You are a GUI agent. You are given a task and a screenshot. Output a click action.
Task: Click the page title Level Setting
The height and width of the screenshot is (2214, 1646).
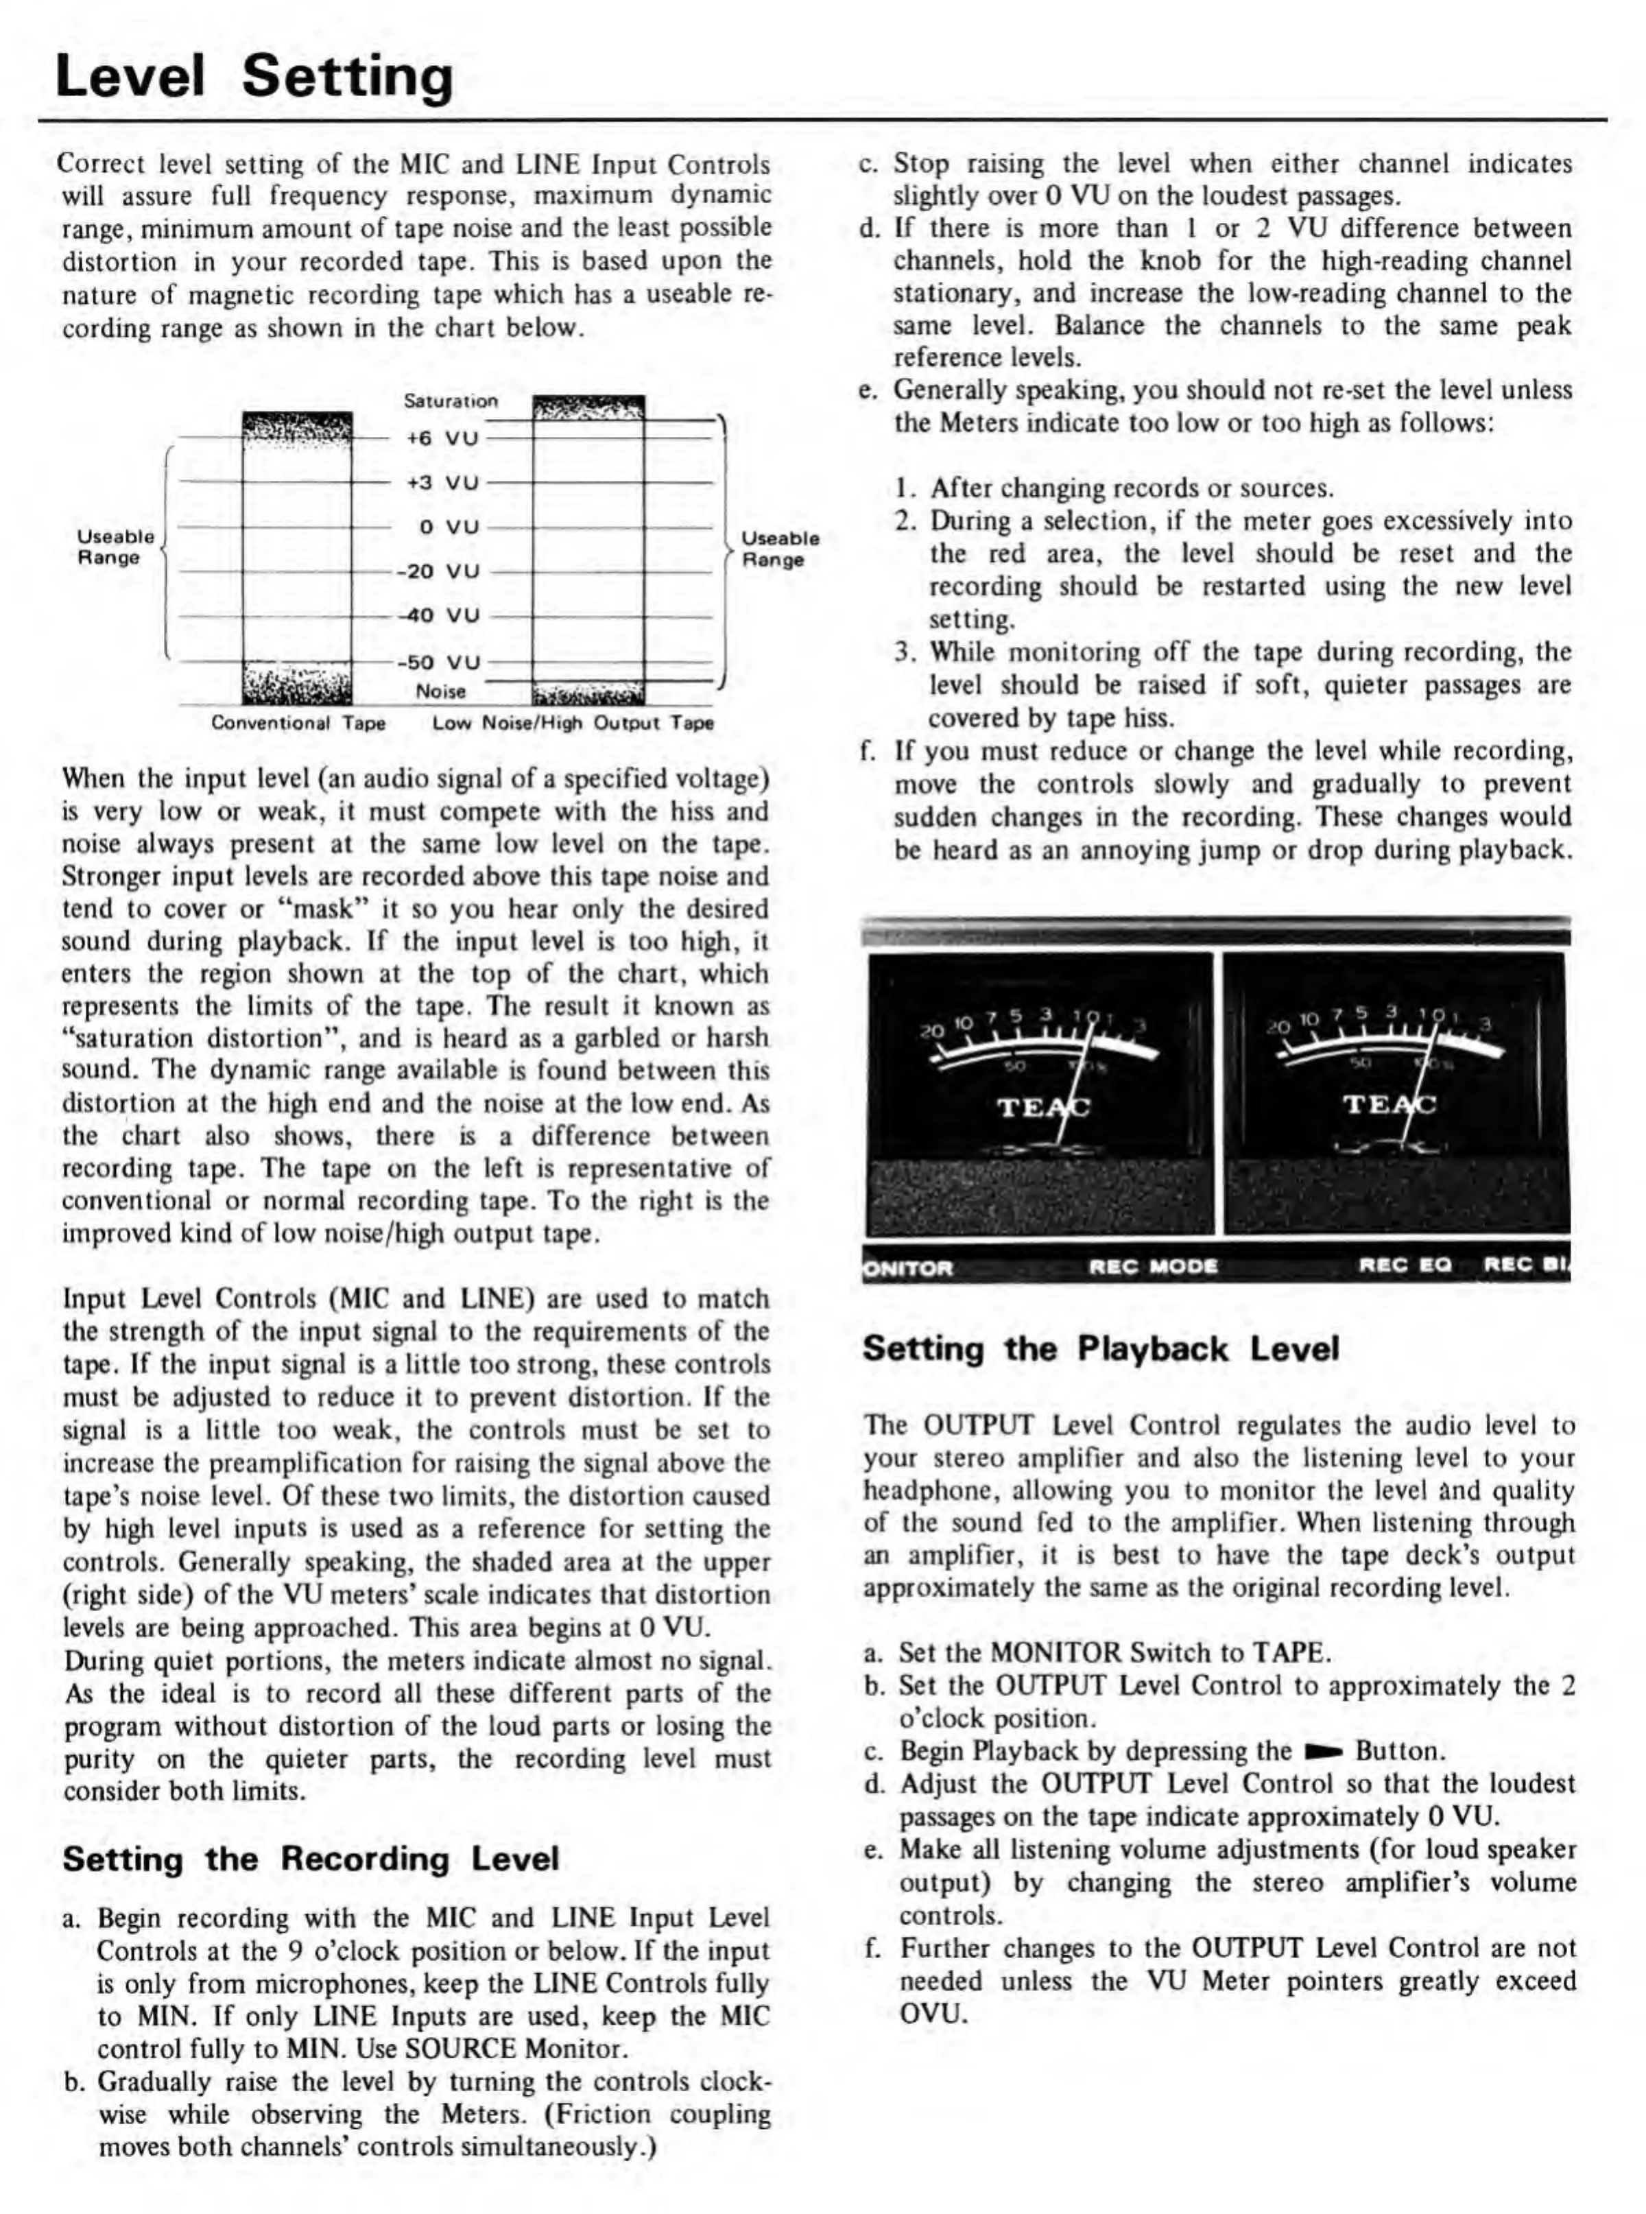tap(254, 78)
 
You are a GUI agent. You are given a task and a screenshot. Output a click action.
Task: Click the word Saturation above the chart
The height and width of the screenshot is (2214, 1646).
tap(451, 401)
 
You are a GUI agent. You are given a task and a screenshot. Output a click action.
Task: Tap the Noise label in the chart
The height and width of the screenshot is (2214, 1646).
tap(440, 691)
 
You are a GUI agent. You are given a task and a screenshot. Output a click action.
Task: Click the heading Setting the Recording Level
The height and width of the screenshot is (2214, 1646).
tap(311, 1859)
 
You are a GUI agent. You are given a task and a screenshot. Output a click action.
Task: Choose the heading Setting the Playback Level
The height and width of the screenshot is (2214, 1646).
tap(1101, 1349)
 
